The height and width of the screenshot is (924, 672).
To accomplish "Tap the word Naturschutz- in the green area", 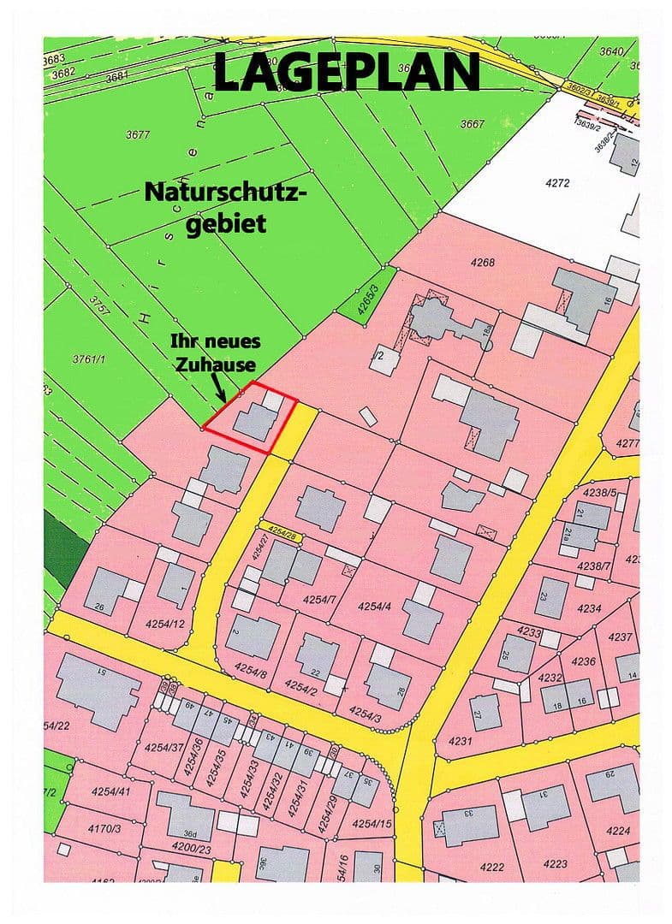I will click(224, 192).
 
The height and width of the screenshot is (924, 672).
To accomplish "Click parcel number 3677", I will click(138, 134).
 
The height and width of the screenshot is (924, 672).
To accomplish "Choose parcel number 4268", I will click(482, 263).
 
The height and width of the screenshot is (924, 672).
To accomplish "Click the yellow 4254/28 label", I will click(282, 532).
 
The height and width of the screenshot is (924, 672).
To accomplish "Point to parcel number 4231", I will click(459, 741).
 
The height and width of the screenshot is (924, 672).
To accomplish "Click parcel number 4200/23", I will click(190, 848).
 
